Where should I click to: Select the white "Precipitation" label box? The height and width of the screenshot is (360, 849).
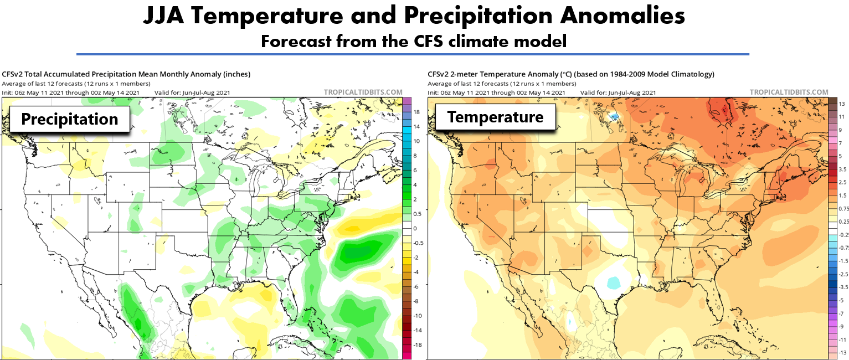[70, 119]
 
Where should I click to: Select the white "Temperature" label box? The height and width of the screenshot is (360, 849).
[495, 117]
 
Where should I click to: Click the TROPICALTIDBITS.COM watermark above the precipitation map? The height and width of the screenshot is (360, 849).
[363, 92]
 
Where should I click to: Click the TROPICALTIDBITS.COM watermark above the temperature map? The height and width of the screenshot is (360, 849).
[789, 92]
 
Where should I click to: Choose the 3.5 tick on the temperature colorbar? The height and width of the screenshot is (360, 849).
[842, 169]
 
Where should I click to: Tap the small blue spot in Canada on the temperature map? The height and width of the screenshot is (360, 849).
[614, 116]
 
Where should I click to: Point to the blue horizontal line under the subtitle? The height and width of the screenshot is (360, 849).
[413, 54]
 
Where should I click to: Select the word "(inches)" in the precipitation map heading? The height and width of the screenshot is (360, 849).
[235, 74]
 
